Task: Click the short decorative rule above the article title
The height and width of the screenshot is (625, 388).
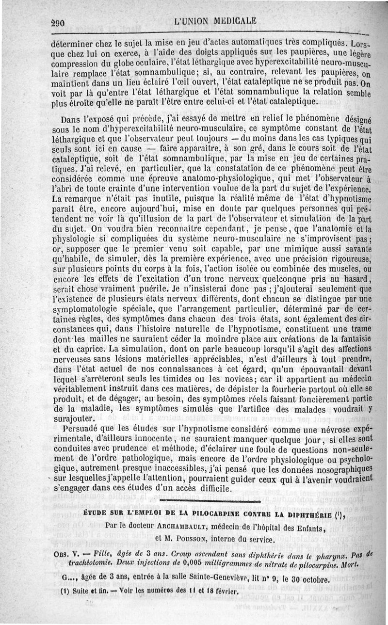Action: [209, 501]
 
